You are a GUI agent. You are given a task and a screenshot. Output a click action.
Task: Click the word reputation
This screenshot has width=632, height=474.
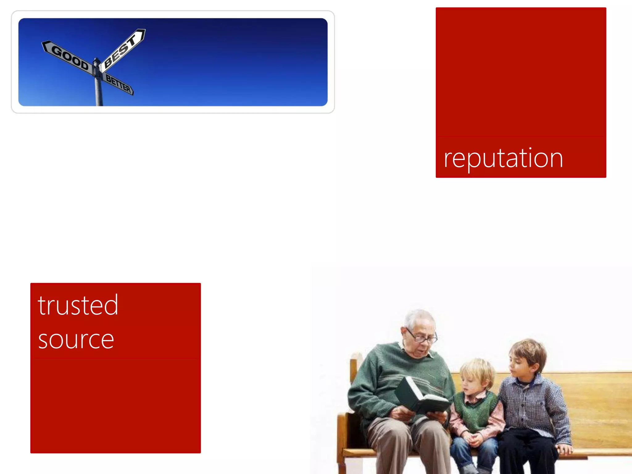pos(503,158)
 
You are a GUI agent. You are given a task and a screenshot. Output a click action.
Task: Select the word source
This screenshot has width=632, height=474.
pos(76,339)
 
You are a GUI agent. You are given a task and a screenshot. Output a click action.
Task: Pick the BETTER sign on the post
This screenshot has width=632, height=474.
pos(118,84)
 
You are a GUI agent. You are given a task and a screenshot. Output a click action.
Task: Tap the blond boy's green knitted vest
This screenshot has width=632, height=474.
pos(475,414)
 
